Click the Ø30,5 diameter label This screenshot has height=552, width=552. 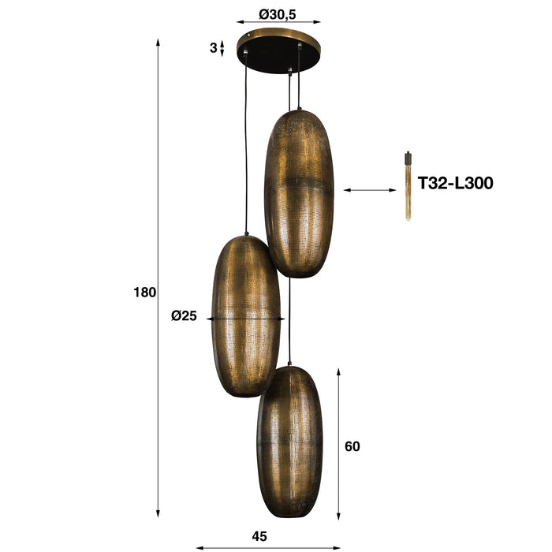click(278, 13)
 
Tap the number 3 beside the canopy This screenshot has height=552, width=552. click(213, 48)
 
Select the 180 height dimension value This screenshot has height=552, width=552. click(144, 292)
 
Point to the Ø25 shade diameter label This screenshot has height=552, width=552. click(184, 316)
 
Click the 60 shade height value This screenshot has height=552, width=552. click(352, 446)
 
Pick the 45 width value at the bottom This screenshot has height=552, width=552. click(259, 536)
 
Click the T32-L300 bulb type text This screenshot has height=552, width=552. click(455, 184)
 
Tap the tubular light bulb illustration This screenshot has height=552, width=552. click(408, 186)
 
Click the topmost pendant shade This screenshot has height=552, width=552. click(299, 193)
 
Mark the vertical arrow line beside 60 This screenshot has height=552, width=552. click(338, 442)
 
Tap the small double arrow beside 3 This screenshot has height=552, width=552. click(222, 48)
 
